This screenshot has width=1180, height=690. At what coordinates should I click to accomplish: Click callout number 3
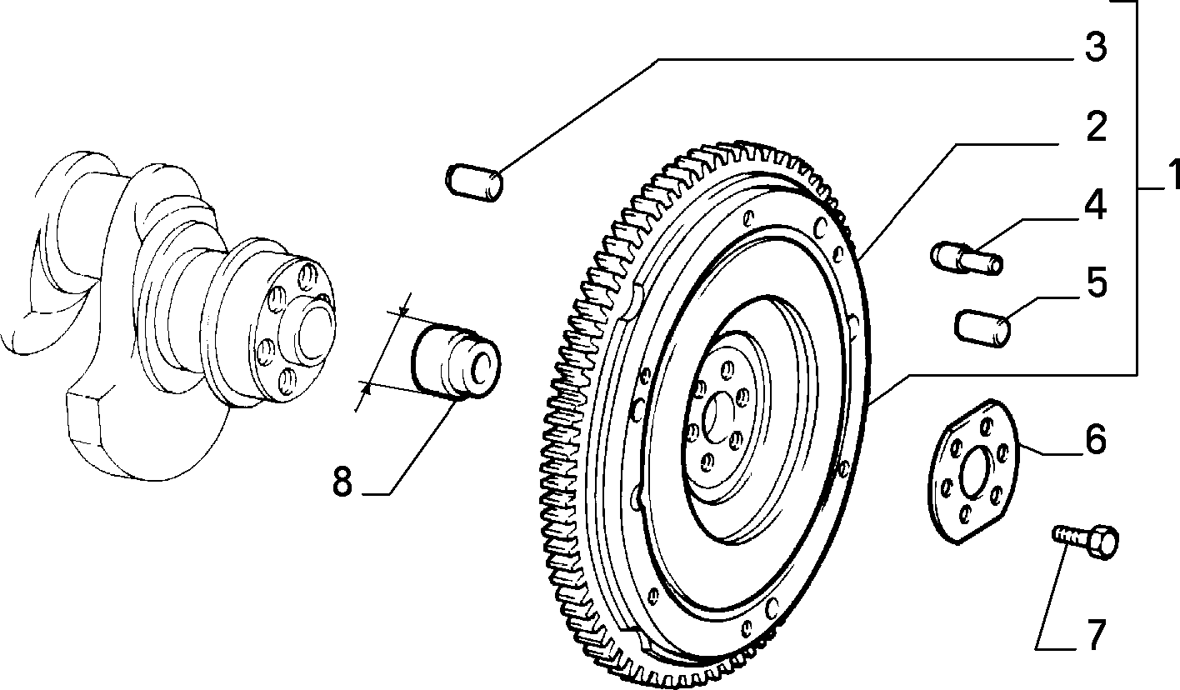click(x=1096, y=47)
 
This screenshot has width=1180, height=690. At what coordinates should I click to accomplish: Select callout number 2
click(x=1096, y=127)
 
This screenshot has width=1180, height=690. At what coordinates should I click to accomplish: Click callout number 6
click(x=1095, y=439)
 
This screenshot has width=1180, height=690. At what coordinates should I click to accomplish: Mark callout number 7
click(x=1095, y=635)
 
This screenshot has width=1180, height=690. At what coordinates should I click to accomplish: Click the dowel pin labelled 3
click(x=474, y=182)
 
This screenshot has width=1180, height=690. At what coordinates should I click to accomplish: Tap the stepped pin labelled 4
click(x=967, y=258)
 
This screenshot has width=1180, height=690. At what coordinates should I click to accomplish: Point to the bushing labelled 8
click(x=456, y=362)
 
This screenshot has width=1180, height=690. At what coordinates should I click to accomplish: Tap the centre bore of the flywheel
click(x=717, y=418)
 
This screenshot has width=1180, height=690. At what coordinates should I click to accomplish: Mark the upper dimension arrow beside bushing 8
click(x=403, y=311)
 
